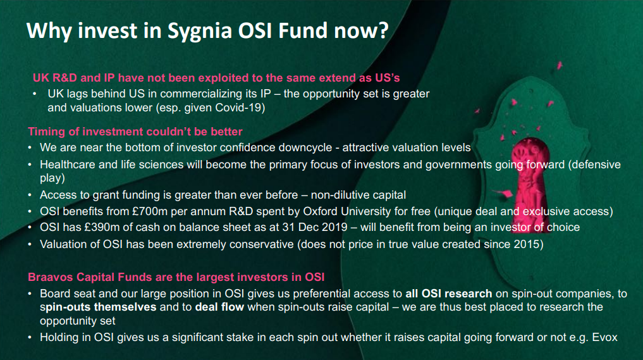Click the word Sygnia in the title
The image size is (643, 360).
point(200,31)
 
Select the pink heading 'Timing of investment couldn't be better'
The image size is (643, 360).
point(135,132)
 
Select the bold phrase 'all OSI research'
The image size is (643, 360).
point(449,294)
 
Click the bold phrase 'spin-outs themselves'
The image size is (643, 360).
point(98,307)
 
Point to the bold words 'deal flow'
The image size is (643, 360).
point(219,307)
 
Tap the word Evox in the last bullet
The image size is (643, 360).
point(605,337)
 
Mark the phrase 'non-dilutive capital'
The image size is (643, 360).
point(358,195)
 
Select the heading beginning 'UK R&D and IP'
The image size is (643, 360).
point(216,78)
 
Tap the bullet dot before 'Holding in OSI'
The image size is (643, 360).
point(30,337)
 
